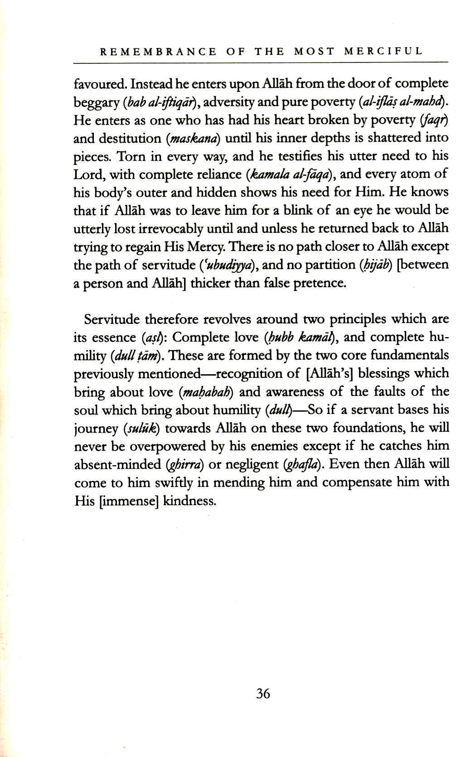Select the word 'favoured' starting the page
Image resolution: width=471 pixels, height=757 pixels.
99,84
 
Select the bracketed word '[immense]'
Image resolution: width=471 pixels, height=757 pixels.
128,501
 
